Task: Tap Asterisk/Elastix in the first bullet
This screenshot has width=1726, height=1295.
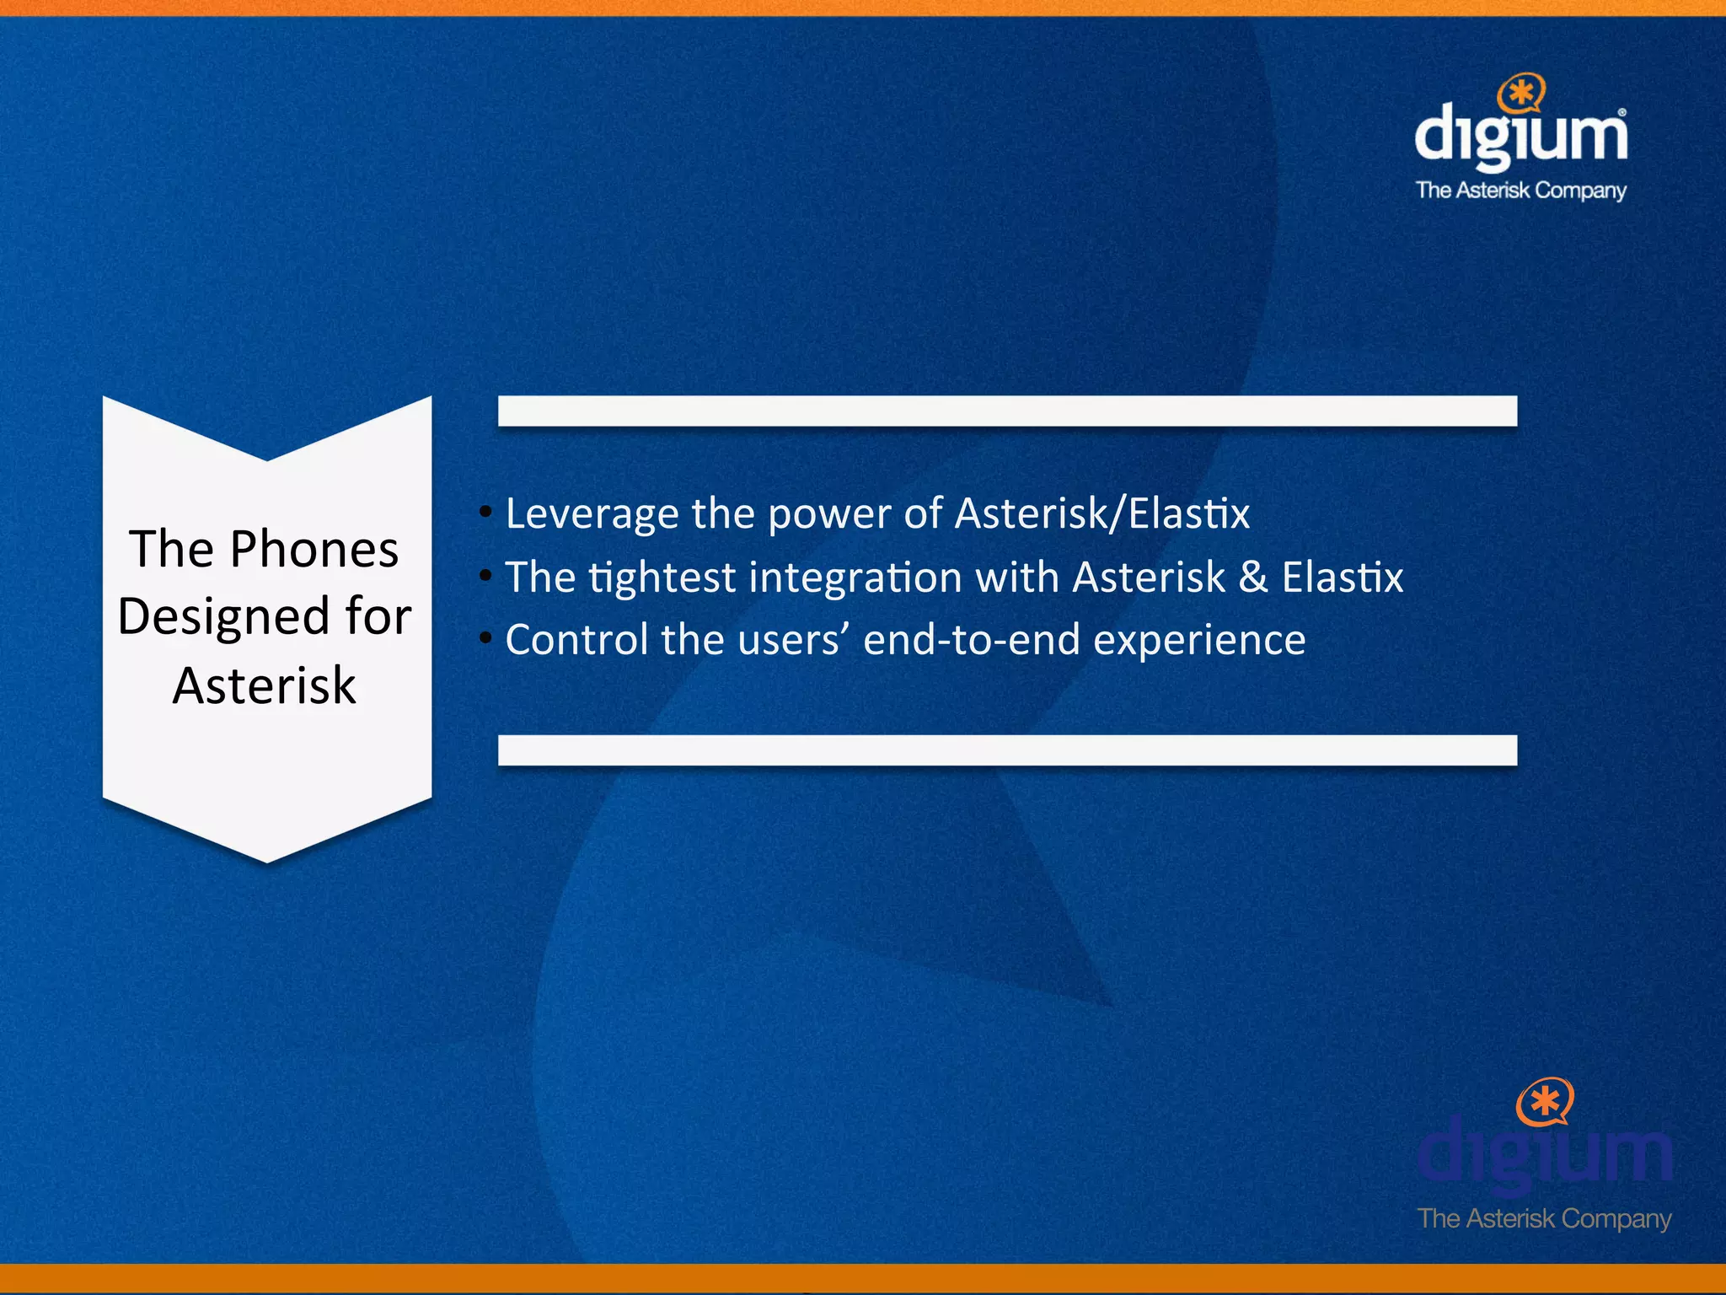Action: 1102,514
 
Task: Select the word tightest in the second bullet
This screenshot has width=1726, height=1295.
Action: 662,578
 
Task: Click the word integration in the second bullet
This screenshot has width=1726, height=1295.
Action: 855,578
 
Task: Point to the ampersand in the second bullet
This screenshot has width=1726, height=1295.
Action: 1253,578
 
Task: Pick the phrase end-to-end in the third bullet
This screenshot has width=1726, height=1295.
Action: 971,640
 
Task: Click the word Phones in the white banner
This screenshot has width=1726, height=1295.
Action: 314,550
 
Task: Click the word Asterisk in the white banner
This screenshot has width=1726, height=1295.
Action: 265,685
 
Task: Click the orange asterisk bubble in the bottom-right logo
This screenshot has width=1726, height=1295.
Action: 1545,1101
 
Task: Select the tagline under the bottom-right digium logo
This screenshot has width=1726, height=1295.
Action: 1544,1218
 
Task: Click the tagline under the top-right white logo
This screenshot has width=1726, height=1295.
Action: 1521,191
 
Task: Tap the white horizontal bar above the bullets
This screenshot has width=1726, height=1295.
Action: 1007,411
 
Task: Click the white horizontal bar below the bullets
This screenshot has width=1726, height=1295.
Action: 1007,750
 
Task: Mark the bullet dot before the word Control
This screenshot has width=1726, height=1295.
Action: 485,638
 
